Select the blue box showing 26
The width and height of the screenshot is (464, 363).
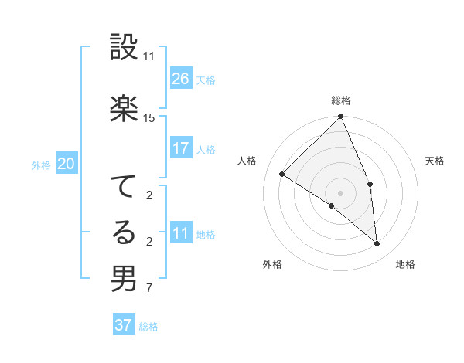click(181, 79)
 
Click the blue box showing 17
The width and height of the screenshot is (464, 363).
click(181, 148)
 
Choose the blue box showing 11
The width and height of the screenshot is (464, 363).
click(181, 233)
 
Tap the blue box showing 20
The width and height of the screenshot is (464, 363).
click(67, 164)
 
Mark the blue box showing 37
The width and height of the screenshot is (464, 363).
click(124, 325)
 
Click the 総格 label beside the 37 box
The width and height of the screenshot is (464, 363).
click(148, 327)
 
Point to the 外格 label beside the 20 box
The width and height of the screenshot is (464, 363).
click(41, 165)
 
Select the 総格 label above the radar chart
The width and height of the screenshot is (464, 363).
click(340, 100)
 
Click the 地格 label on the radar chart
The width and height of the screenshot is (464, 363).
click(405, 264)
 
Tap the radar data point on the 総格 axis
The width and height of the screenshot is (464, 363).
click(340, 117)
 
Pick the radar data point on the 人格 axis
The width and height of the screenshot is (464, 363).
click(282, 175)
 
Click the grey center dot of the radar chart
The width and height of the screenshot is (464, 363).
click(340, 192)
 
